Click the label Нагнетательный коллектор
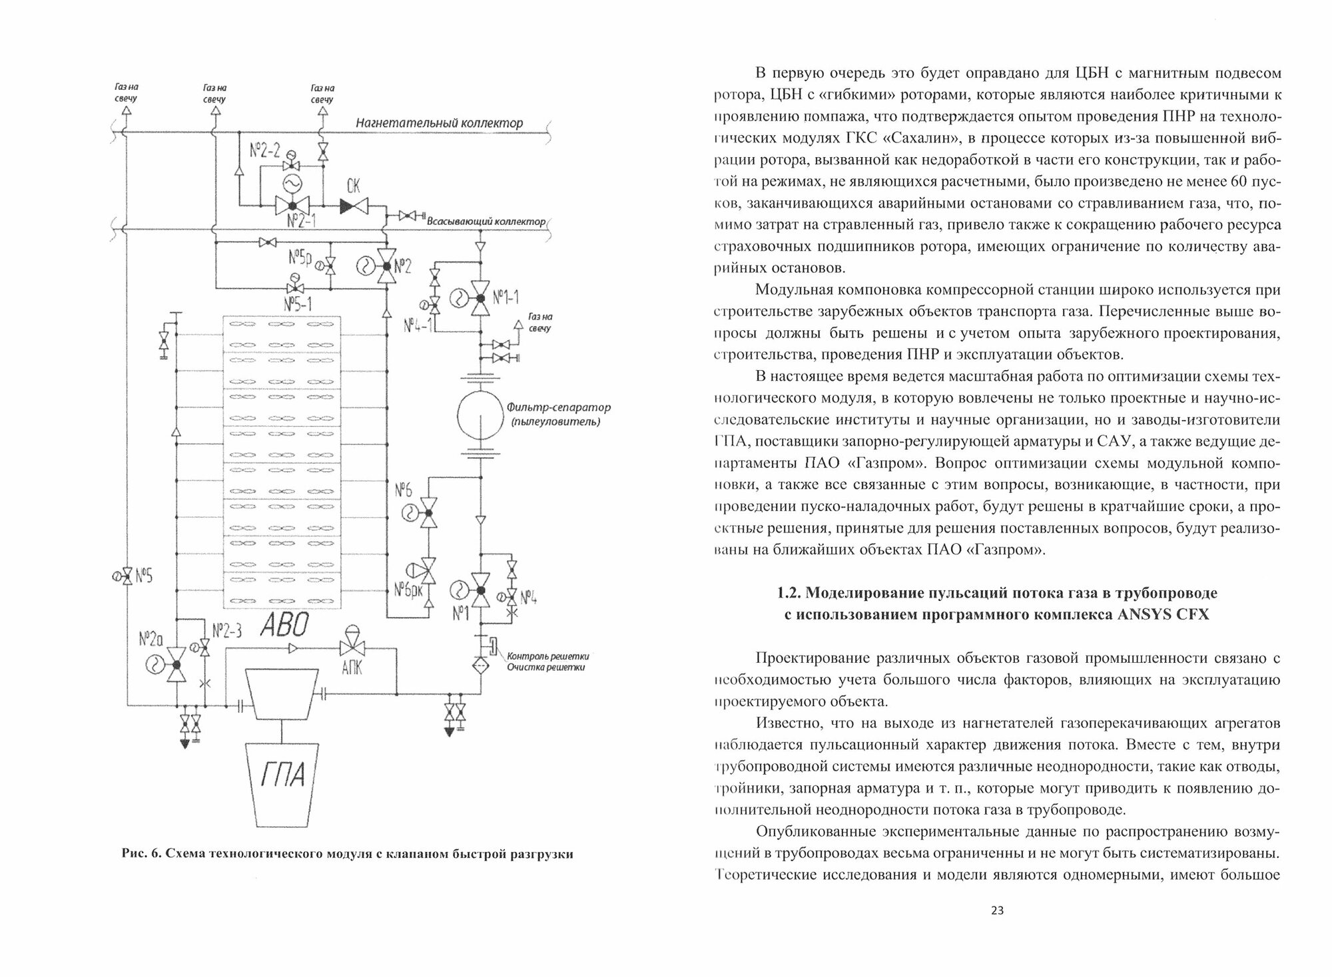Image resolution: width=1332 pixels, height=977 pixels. point(439,123)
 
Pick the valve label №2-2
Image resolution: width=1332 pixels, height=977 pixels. point(266,151)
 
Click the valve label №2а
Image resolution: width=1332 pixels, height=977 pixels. point(151,640)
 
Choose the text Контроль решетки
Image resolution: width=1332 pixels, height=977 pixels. point(548,655)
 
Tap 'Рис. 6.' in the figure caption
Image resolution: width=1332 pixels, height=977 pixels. point(141,855)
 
